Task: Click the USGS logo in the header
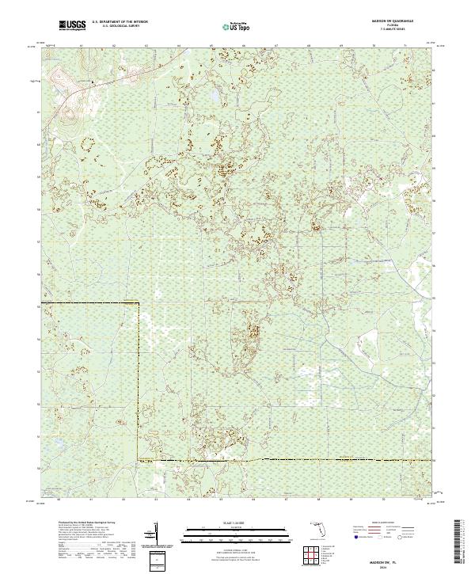(72, 26)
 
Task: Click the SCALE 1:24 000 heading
(231, 522)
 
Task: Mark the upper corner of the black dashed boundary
(139, 302)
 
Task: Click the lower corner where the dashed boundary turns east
(139, 459)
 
